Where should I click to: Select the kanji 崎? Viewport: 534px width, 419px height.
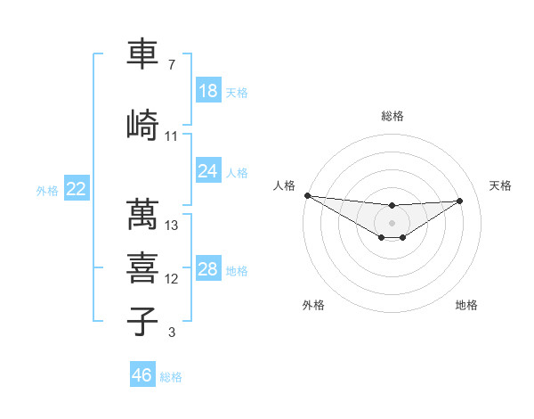[x=142, y=124]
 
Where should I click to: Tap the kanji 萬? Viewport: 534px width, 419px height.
[x=142, y=214]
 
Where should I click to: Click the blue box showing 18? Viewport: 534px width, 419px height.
[x=207, y=91]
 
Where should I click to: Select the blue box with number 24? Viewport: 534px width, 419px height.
[x=207, y=171]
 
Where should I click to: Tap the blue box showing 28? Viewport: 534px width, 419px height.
[x=207, y=269]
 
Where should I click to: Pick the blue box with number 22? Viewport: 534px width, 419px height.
[x=76, y=189]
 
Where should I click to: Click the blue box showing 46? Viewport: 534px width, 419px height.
[x=142, y=375]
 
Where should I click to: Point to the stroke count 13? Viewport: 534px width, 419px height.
[x=172, y=226]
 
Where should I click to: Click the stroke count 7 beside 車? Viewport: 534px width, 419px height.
[x=171, y=65]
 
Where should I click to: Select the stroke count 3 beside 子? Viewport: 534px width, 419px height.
[x=171, y=333]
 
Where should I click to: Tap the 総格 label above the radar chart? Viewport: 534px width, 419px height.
[x=392, y=116]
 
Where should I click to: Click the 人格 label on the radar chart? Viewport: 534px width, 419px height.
[x=283, y=185]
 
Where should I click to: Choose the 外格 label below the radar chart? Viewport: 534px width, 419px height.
[x=313, y=305]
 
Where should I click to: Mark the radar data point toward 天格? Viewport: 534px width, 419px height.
[x=460, y=201]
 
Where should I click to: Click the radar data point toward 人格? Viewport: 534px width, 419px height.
[x=307, y=195]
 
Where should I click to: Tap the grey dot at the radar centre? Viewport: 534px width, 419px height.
[x=392, y=223]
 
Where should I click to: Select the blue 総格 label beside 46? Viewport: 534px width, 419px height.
[x=172, y=377]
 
